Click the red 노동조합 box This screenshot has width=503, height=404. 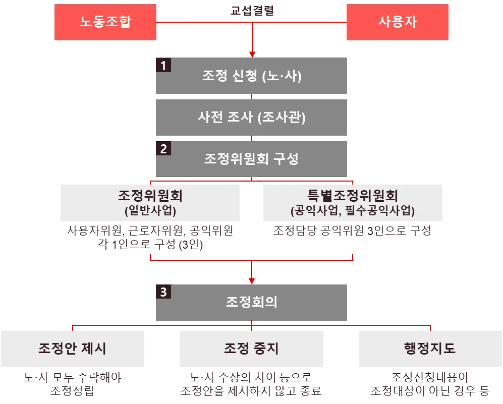(x=105, y=23)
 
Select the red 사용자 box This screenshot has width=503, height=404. (x=398, y=23)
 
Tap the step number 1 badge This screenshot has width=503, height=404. (x=162, y=65)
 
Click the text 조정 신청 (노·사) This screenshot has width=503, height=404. (x=251, y=76)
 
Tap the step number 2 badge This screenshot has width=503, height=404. (x=162, y=149)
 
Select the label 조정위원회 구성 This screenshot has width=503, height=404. (x=251, y=159)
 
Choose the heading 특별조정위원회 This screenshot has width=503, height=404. (x=352, y=195)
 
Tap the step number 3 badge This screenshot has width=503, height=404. (x=162, y=292)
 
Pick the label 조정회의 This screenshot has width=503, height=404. (x=251, y=302)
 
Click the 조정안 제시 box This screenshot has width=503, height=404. (x=72, y=349)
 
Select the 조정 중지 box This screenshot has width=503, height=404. (x=251, y=349)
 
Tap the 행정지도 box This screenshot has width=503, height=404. (x=429, y=349)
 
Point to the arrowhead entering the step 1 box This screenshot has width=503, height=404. (x=251, y=52)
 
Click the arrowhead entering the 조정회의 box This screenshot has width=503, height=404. (x=251, y=278)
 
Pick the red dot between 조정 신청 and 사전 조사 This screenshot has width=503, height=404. (x=251, y=96)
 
